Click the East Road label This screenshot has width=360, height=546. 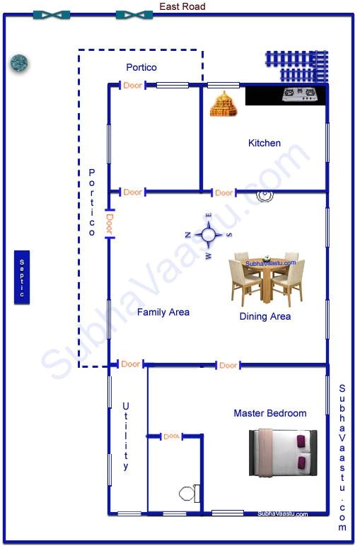[182, 6]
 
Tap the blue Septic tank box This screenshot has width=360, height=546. [22, 277]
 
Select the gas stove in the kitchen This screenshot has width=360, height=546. [298, 95]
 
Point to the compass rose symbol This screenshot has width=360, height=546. [208, 235]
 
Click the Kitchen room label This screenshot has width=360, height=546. [264, 143]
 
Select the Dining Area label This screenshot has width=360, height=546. [265, 316]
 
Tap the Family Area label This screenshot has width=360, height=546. [163, 312]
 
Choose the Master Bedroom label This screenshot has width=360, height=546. [270, 413]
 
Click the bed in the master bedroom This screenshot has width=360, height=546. [282, 452]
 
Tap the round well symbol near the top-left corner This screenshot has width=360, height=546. [19, 64]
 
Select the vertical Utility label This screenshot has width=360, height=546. [126, 436]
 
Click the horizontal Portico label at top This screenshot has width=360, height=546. [141, 67]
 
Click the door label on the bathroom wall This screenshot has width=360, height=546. [171, 436]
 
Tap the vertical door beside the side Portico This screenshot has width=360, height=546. [109, 224]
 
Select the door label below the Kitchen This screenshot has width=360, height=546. [224, 192]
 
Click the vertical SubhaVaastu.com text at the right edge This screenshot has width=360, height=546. [342, 458]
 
